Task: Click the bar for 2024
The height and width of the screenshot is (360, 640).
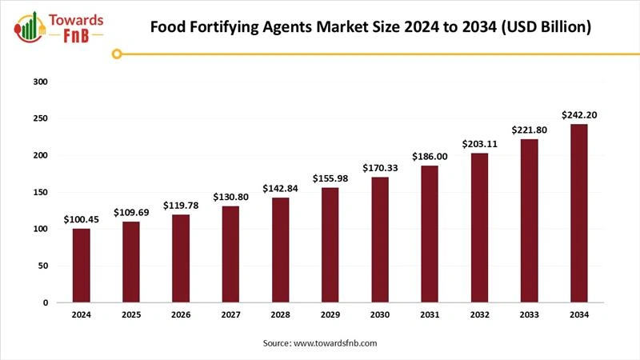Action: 81,266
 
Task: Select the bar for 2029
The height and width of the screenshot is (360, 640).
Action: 330,245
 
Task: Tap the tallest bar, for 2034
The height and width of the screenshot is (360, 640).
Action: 578,214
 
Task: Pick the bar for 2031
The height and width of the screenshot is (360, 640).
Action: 430,234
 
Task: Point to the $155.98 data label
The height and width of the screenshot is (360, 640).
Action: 330,179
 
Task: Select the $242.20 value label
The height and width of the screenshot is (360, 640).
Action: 578,115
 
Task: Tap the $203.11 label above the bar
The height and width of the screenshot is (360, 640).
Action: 479,144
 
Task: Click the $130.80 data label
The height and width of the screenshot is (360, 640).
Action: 230,197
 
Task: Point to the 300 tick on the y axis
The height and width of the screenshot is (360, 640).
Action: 42,82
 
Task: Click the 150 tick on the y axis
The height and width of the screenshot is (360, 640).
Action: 42,192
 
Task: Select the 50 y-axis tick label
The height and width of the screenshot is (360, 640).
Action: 44,266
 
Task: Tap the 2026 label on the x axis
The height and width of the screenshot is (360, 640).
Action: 181,315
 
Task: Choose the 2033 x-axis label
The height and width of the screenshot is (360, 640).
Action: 529,315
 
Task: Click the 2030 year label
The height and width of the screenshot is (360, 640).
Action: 380,315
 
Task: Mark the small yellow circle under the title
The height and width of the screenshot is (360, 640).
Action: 118,54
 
